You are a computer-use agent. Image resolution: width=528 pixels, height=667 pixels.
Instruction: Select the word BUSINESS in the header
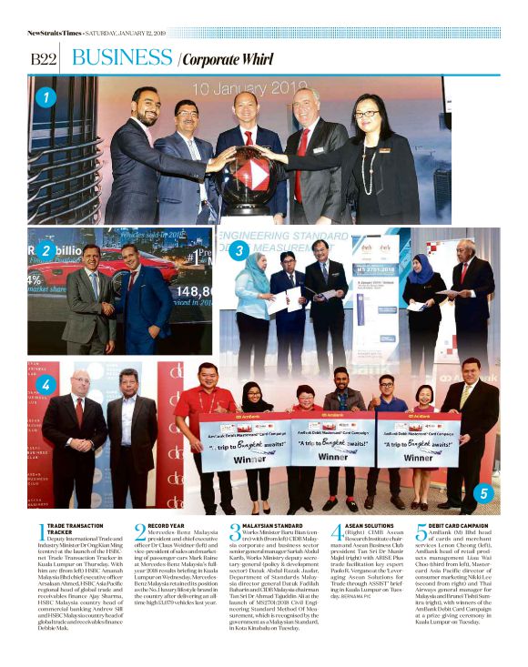tap(122, 57)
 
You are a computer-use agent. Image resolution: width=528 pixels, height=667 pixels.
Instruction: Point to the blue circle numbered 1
tap(46, 96)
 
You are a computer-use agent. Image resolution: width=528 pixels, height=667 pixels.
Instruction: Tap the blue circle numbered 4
tap(46, 385)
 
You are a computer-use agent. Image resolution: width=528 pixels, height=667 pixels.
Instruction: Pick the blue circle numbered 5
tap(483, 494)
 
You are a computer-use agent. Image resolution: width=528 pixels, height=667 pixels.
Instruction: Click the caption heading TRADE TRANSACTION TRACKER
tap(73, 530)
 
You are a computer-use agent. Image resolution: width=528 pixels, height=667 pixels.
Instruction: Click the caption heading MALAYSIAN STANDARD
tap(274, 526)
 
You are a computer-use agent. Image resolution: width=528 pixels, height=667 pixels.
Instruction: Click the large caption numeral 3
tap(235, 532)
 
